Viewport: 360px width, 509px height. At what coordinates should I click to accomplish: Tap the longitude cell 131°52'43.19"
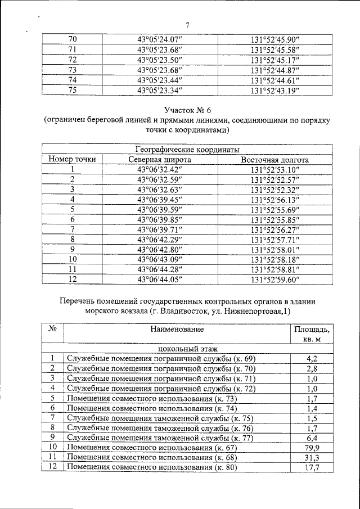click(274, 90)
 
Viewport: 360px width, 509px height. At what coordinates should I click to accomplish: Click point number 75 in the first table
click(72, 90)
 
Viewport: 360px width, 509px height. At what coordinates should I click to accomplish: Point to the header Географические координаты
click(188, 150)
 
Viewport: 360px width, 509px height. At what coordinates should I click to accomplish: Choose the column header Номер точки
click(72, 160)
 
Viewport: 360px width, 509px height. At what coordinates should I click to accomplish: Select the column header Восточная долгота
click(274, 160)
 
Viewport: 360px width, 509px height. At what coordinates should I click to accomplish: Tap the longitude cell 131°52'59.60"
click(274, 279)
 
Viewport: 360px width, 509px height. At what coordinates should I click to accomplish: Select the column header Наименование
click(177, 329)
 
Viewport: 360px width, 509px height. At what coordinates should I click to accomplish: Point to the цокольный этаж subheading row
click(188, 349)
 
